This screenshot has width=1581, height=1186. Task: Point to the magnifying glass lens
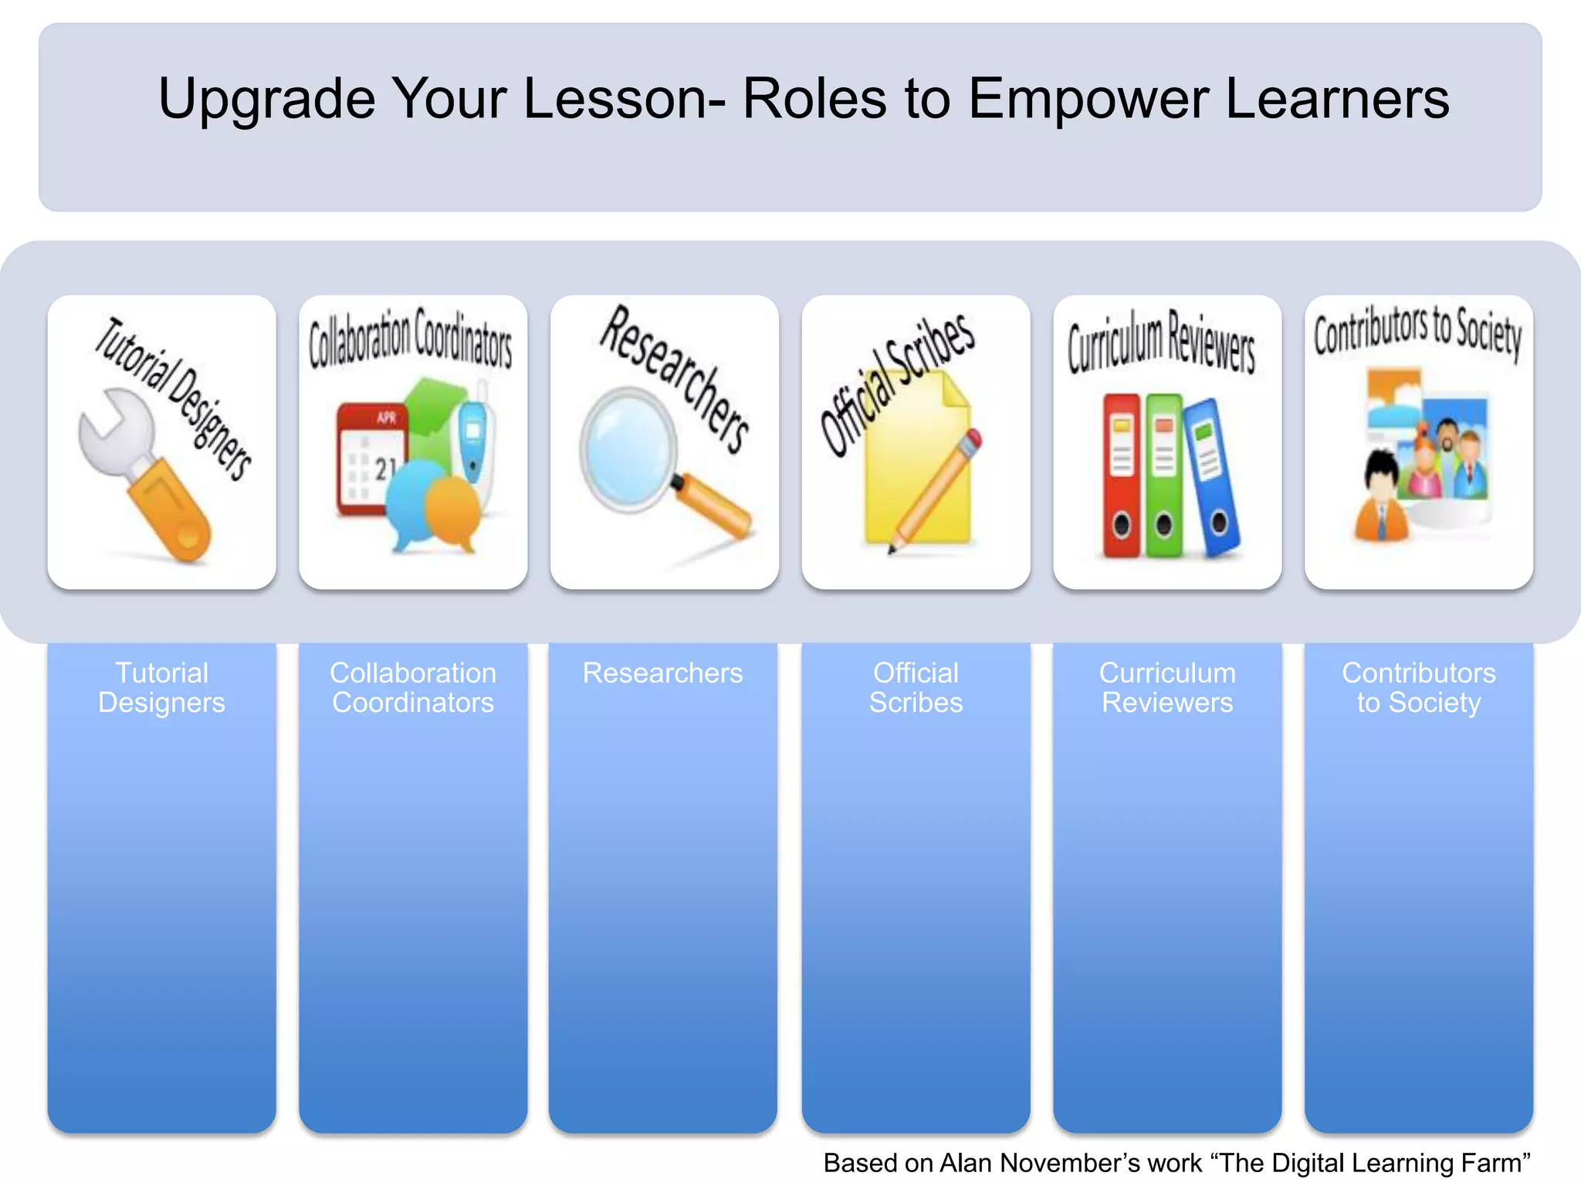[x=627, y=449]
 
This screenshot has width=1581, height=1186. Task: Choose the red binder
[x=1121, y=475]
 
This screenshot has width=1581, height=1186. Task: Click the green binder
[x=1163, y=475]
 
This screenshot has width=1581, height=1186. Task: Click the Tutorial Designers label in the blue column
[x=161, y=687]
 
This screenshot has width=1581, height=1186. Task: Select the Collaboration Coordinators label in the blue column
[x=413, y=687]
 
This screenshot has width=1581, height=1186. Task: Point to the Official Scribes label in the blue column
[x=916, y=687]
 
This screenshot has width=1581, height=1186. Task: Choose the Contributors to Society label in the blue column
[x=1418, y=687]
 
